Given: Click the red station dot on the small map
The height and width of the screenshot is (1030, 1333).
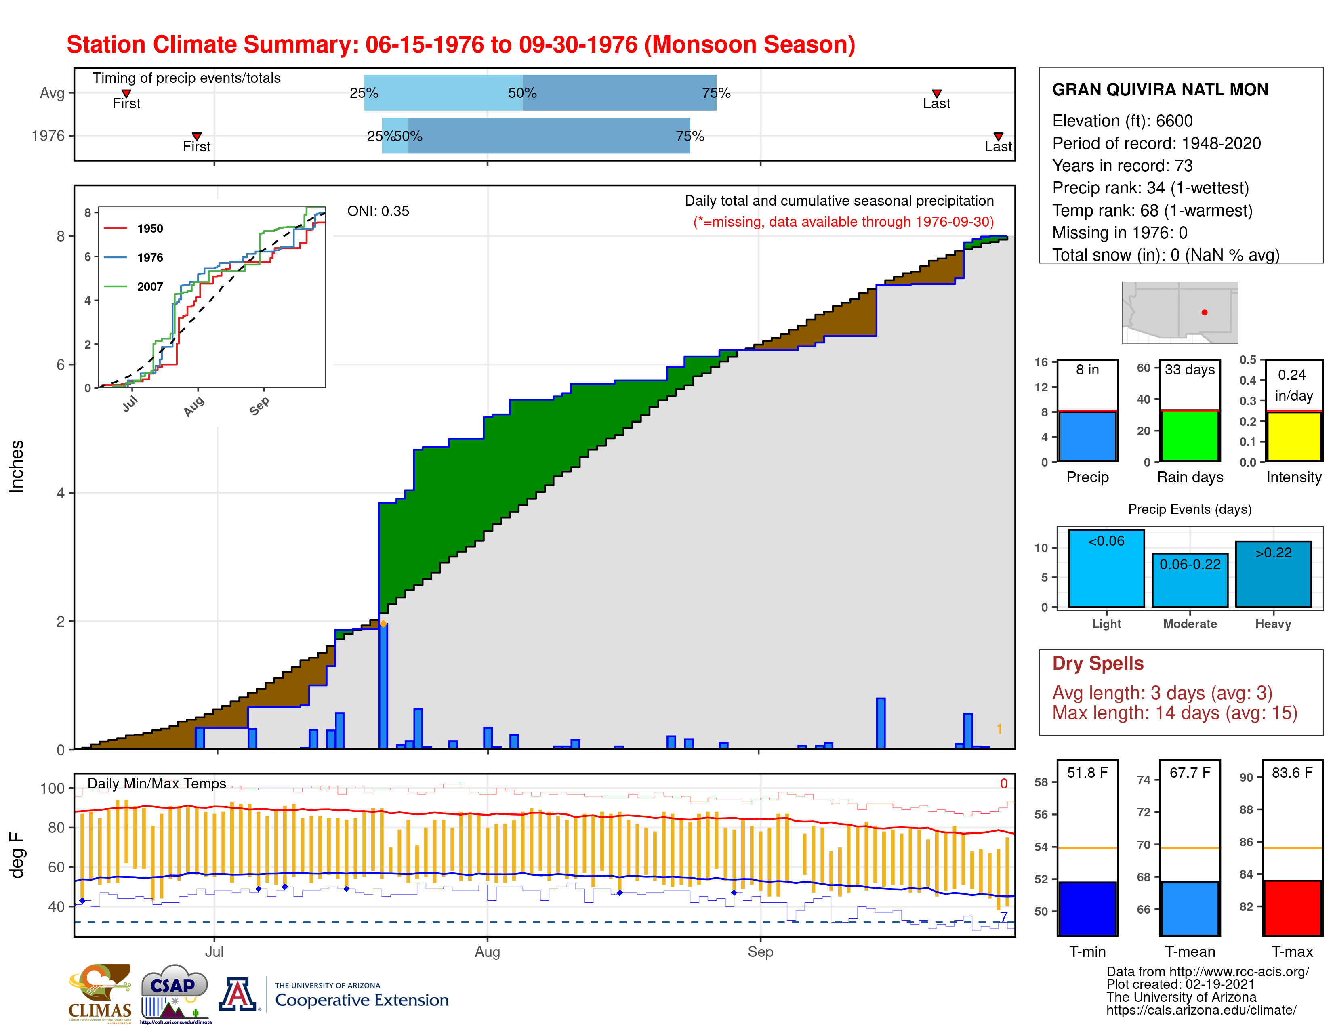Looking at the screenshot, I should coord(1204,312).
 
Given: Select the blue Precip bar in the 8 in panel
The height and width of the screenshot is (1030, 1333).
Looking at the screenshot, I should coord(1087,436).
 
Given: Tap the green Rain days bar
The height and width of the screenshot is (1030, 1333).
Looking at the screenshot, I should coord(1190,436).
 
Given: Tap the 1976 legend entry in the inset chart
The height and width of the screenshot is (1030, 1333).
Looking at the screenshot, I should coord(149,258).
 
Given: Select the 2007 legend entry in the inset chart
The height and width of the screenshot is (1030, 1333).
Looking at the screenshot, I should coord(149,287).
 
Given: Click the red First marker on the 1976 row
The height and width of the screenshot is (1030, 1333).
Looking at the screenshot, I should coord(197,136).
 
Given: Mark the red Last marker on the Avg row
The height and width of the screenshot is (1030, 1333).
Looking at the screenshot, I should coord(936,93).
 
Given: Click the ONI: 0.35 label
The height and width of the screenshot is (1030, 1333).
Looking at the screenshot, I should coord(378,211).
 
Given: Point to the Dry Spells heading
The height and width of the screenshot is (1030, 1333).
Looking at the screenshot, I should coord(1098,663).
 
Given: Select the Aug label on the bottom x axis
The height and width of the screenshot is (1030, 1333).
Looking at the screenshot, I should coord(487,952).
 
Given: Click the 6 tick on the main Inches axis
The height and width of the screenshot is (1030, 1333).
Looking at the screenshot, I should coord(61,365).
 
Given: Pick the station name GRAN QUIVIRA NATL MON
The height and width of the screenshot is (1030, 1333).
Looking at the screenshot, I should coord(1160,90).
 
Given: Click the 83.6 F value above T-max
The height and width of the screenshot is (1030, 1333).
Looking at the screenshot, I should coord(1291,772).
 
